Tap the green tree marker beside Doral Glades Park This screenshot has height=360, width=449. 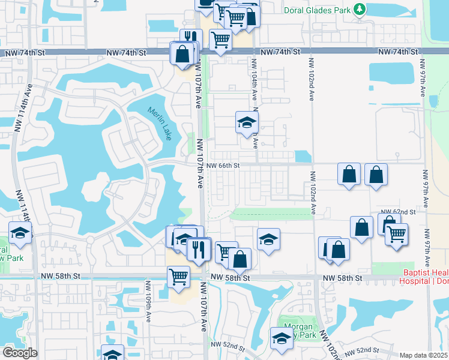tap(359, 9)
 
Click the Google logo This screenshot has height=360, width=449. tap(20, 353)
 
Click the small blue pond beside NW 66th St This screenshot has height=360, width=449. tap(303, 156)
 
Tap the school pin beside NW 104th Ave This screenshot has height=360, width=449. tap(245, 122)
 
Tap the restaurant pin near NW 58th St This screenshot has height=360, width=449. tap(199, 248)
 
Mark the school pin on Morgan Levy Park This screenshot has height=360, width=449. tap(281, 338)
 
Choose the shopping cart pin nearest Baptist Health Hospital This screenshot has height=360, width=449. tap(396, 234)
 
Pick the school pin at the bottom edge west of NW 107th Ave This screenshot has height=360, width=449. tap(112, 354)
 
